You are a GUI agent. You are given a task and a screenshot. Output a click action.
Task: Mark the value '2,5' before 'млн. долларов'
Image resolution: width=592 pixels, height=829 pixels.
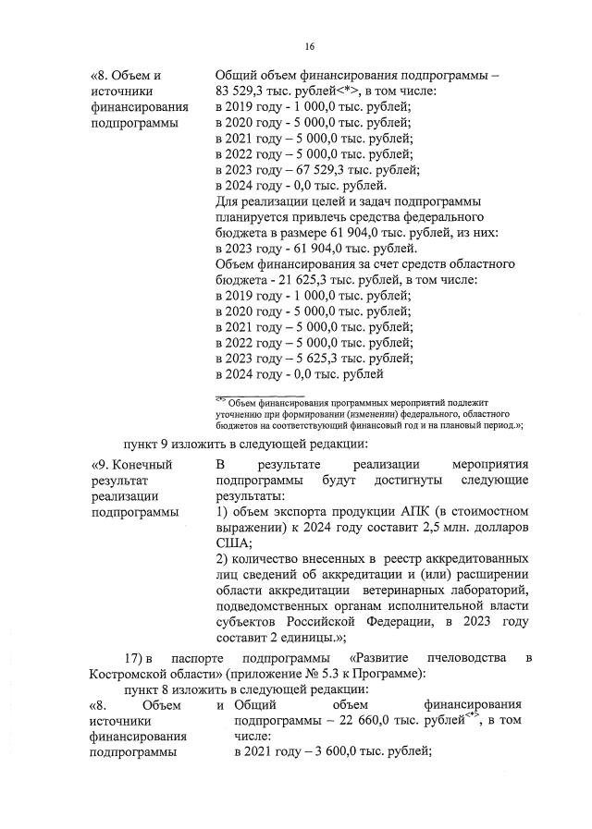395,529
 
